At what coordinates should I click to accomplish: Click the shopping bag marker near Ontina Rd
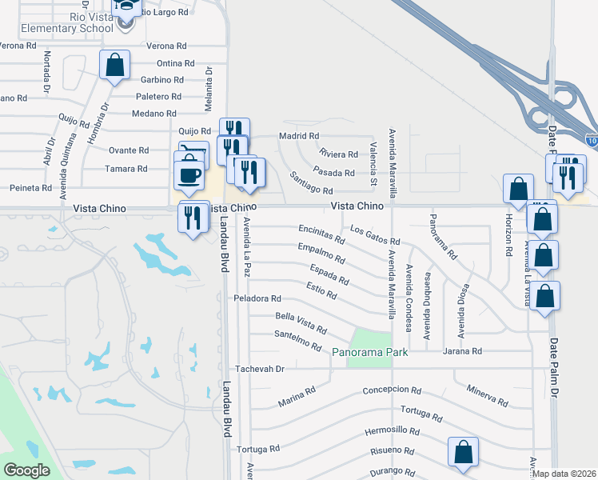114,64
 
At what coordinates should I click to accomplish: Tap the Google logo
26,470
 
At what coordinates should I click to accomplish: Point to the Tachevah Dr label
259,369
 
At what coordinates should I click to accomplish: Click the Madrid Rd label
299,136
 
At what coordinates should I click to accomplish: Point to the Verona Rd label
169,46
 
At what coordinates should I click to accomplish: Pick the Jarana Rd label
464,351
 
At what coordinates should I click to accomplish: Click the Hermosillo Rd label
392,430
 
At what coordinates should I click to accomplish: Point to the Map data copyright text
565,474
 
